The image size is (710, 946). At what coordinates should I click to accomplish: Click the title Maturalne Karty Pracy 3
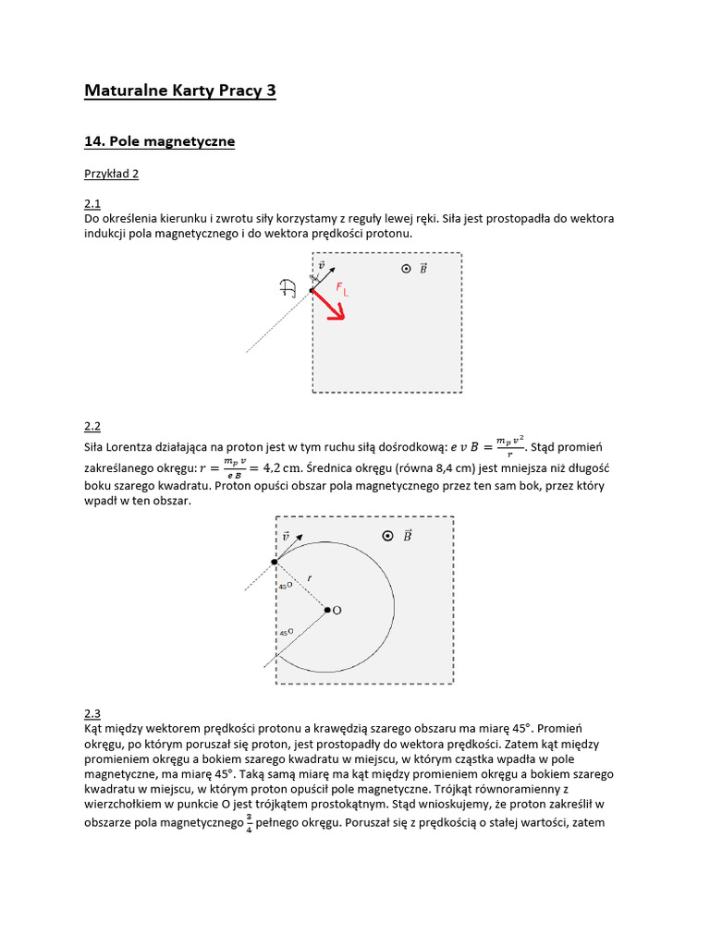(x=179, y=91)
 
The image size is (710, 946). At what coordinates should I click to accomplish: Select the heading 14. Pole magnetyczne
(x=159, y=141)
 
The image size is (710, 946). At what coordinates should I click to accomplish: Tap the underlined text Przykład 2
(x=111, y=173)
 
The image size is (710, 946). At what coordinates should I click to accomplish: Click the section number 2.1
(x=92, y=203)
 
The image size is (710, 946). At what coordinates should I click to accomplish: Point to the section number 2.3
(x=92, y=712)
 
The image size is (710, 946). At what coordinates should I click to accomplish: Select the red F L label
(x=341, y=290)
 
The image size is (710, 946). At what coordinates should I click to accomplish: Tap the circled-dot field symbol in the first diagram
(x=405, y=268)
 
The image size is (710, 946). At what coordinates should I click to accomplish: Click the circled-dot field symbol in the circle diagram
(x=387, y=536)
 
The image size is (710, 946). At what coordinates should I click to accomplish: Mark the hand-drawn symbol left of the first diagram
(x=288, y=288)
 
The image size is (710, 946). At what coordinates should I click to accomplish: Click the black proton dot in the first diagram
(x=312, y=290)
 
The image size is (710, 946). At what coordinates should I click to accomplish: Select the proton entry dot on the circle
(x=275, y=562)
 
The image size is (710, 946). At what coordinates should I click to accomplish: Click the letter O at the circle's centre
(x=337, y=611)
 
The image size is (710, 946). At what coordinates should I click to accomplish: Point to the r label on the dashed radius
(x=310, y=577)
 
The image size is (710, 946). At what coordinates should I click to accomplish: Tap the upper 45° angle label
(x=285, y=586)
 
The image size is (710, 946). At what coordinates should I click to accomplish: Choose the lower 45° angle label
(x=286, y=632)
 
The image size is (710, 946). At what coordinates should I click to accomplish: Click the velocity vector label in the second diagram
(x=286, y=536)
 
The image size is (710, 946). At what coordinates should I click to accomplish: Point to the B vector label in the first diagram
(x=422, y=268)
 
